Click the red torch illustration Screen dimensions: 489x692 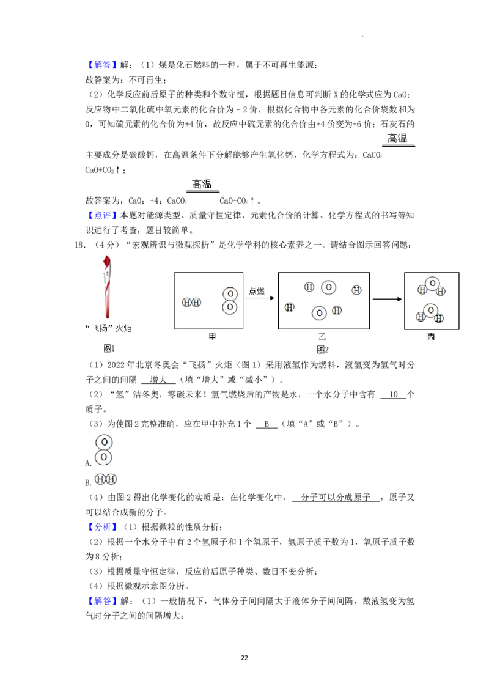coord(107,287)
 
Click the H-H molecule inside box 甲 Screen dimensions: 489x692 coord(191,303)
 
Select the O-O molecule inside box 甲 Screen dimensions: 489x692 coord(229,301)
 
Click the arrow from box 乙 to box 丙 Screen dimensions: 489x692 coord(387,299)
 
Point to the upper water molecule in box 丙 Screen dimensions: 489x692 coord(432,287)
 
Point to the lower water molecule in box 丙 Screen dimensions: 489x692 coord(430,314)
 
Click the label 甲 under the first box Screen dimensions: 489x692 coord(212,337)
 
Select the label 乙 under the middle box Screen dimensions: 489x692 coord(322,337)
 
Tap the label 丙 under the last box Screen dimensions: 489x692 coord(431,337)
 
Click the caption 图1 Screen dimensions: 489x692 coord(109,348)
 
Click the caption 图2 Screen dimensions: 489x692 coord(323,350)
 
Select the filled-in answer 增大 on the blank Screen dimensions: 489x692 coord(158,380)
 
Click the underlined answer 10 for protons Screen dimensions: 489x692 coord(393,394)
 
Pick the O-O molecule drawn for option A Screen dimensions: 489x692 coord(104,450)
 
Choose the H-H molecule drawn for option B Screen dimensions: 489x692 coord(106,479)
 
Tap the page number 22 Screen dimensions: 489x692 coord(244,658)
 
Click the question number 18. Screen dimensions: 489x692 coord(80,245)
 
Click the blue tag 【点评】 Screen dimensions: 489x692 coord(102,215)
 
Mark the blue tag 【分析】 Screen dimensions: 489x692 coord(102,527)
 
